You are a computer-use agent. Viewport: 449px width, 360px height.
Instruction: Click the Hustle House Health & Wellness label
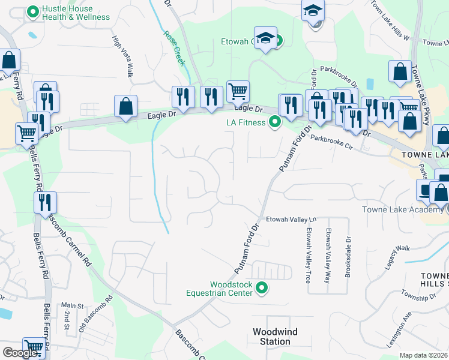click(x=71, y=13)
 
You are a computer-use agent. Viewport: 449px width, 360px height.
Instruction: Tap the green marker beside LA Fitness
click(x=275, y=122)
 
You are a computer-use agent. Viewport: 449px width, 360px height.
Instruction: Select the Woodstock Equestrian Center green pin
click(x=261, y=289)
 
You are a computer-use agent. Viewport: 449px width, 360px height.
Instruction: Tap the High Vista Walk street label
click(x=122, y=56)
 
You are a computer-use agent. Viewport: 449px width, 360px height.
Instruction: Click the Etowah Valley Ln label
click(x=291, y=219)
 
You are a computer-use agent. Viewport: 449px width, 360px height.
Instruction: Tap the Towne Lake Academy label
click(x=402, y=209)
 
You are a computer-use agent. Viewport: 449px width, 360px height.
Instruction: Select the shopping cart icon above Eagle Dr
click(x=238, y=92)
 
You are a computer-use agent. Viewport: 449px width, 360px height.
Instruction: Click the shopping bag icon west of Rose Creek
click(x=125, y=106)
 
